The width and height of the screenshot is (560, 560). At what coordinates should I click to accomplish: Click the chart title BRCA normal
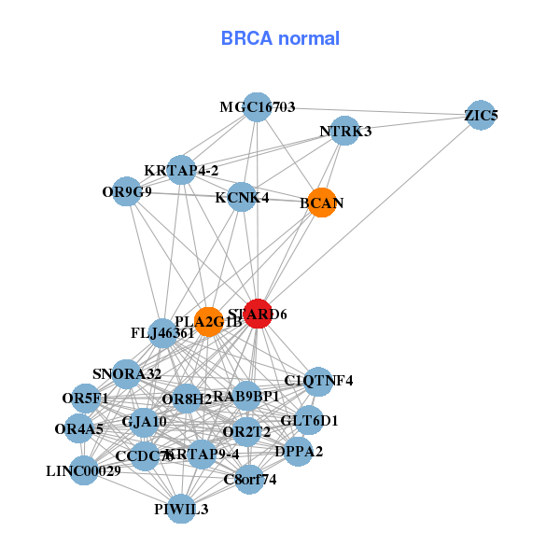pyautogui.click(x=280, y=38)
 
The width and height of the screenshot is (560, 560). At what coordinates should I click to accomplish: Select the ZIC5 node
pyautogui.click(x=481, y=116)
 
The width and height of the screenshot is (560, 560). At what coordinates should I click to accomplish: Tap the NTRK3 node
pyautogui.click(x=345, y=132)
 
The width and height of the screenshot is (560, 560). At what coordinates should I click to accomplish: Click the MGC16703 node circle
pyautogui.click(x=258, y=107)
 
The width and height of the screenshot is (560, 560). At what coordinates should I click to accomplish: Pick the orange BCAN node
pyautogui.click(x=322, y=203)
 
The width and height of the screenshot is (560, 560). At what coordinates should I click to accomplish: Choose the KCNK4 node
pyautogui.click(x=242, y=197)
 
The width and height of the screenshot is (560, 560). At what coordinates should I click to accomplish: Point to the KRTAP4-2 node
pyautogui.click(x=181, y=170)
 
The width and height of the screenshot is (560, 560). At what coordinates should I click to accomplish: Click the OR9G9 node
pyautogui.click(x=127, y=192)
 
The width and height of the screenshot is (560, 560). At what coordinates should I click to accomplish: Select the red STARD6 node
pyautogui.click(x=258, y=314)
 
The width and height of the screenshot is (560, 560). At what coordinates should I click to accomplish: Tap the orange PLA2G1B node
pyautogui.click(x=208, y=322)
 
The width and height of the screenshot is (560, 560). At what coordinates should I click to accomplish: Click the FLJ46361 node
pyautogui.click(x=162, y=332)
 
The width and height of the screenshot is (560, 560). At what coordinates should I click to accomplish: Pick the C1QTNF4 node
pyautogui.click(x=318, y=380)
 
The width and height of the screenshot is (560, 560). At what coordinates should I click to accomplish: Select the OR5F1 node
pyautogui.click(x=86, y=399)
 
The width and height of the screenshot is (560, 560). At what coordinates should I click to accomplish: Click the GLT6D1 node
pyautogui.click(x=309, y=421)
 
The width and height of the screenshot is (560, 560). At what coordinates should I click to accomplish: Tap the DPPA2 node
pyautogui.click(x=299, y=452)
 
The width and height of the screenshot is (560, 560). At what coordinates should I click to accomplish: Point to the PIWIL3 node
pyautogui.click(x=181, y=509)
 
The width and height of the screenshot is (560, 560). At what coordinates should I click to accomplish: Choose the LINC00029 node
pyautogui.click(x=84, y=470)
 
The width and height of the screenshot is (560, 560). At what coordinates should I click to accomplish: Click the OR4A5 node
pyautogui.click(x=79, y=429)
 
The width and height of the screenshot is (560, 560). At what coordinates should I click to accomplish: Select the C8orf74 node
pyautogui.click(x=249, y=480)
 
